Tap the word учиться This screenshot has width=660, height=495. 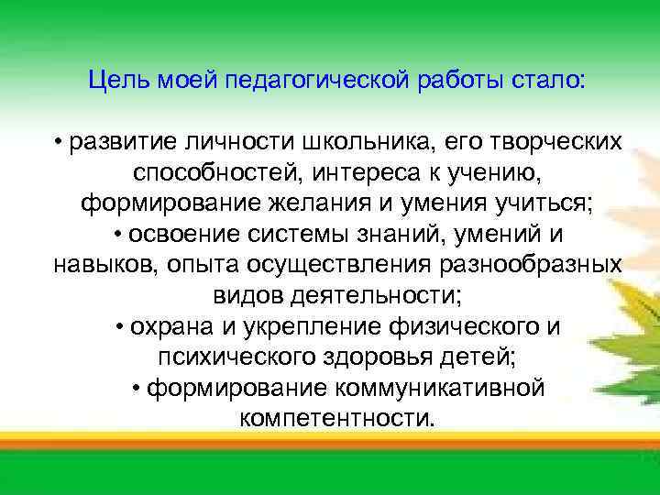[x=546, y=203]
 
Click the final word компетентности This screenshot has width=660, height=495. [x=337, y=417]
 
